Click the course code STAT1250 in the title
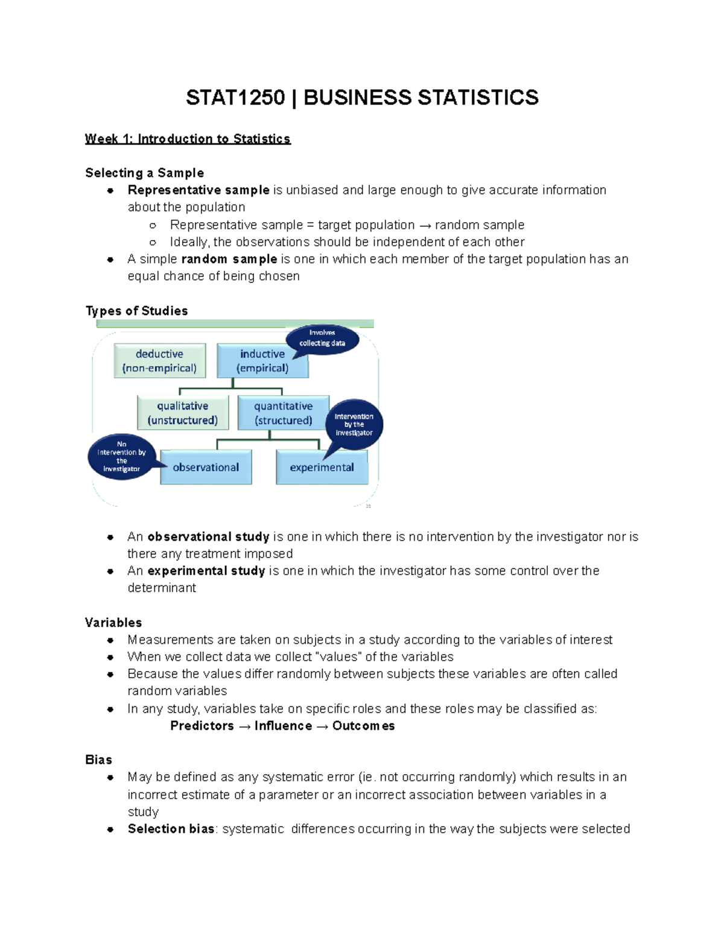[x=235, y=98]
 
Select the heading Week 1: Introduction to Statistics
[x=188, y=139]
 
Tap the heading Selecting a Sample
[x=145, y=173]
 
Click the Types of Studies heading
[x=137, y=311]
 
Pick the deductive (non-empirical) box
[x=160, y=361]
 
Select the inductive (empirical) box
[x=262, y=361]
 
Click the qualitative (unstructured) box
[x=183, y=413]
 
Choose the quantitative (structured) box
[x=284, y=413]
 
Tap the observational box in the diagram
[x=206, y=467]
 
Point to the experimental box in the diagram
[x=322, y=467]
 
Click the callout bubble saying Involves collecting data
[x=322, y=338]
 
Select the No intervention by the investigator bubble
[x=122, y=457]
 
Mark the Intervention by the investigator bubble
[x=354, y=424]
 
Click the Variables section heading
[x=113, y=623]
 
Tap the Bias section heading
[x=98, y=760]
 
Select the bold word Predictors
[x=202, y=726]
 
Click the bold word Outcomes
[x=363, y=726]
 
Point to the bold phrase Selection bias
[x=171, y=829]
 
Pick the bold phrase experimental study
[x=206, y=571]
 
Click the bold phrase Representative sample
[x=198, y=191]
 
